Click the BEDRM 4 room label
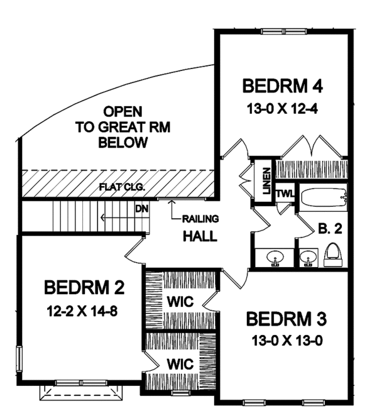282,86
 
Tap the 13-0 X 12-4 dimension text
282,109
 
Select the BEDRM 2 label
84,287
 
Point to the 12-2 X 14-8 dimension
82,311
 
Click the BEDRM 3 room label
287,319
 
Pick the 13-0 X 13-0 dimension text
287,341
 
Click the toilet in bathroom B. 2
333,255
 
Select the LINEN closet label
266,181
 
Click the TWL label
285,194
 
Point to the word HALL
200,236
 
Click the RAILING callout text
200,219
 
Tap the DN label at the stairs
142,209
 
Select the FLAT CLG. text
122,187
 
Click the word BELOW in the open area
123,143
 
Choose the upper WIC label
180,302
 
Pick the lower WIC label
180,364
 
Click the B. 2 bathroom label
330,229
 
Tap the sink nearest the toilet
308,256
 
